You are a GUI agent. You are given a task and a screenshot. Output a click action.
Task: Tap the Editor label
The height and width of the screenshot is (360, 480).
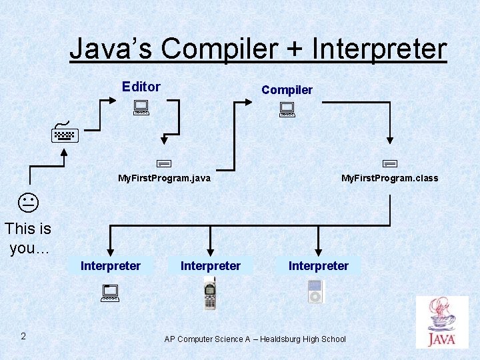pyautogui.click(x=141, y=87)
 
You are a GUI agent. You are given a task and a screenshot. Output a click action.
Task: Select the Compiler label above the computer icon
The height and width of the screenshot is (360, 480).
pyautogui.click(x=287, y=89)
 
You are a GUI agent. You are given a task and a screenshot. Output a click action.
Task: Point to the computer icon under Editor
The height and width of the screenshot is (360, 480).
pyautogui.click(x=140, y=107)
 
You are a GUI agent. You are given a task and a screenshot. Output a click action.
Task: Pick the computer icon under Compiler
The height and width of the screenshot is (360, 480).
pyautogui.click(x=287, y=109)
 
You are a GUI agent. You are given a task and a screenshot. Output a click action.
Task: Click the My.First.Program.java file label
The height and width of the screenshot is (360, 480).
pyautogui.click(x=164, y=178)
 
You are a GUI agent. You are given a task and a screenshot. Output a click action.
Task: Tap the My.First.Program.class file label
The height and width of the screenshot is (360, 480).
pyautogui.click(x=389, y=178)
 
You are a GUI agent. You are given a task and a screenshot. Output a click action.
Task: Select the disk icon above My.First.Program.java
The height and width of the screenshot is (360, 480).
pyautogui.click(x=164, y=162)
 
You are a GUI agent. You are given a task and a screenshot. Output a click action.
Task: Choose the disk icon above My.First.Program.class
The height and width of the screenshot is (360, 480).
pyautogui.click(x=390, y=162)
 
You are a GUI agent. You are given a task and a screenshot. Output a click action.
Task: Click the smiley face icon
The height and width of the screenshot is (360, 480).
pyautogui.click(x=27, y=201)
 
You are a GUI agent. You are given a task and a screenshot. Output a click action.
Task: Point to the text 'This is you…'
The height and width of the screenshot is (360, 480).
pyautogui.click(x=28, y=238)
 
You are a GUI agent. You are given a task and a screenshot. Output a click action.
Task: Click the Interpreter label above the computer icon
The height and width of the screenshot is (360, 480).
pyautogui.click(x=111, y=266)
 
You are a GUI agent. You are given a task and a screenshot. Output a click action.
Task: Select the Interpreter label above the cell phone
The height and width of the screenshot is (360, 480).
pyautogui.click(x=211, y=266)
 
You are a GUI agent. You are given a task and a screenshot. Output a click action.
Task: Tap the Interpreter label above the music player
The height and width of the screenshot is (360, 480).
pyautogui.click(x=318, y=266)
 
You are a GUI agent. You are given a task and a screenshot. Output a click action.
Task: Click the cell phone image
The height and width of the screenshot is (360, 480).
pyautogui.click(x=210, y=294)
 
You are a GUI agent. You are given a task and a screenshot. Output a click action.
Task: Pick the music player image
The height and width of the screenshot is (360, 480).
pyautogui.click(x=315, y=291)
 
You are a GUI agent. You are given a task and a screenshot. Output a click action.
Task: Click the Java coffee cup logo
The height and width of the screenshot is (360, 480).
pyautogui.click(x=441, y=321)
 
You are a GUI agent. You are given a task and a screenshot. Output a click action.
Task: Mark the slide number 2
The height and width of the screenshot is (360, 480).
pyautogui.click(x=23, y=336)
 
